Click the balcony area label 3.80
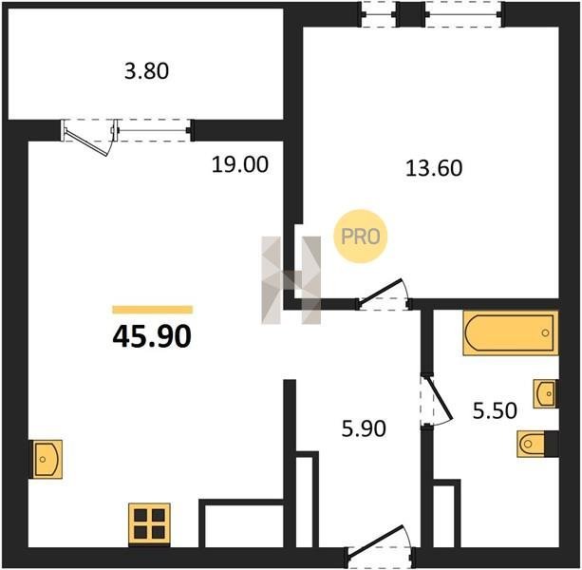tap(146, 71)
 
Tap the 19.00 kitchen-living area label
tap(240, 164)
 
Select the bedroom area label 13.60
tap(434, 168)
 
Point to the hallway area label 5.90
tap(364, 428)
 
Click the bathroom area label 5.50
tap(495, 410)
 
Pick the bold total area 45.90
tap(152, 336)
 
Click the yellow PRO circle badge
tap(361, 237)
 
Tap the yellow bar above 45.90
tap(153, 310)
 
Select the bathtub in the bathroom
tap(511, 333)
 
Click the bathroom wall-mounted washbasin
tap(545, 393)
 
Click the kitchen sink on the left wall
tap(46, 459)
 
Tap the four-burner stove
tap(150, 524)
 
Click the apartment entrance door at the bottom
tap(380, 544)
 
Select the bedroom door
tap(384, 294)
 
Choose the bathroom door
tap(436, 401)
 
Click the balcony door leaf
tap(87, 142)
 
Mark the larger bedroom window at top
tap(464, 14)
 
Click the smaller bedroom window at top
tap(380, 14)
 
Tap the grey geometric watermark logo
tap(291, 280)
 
